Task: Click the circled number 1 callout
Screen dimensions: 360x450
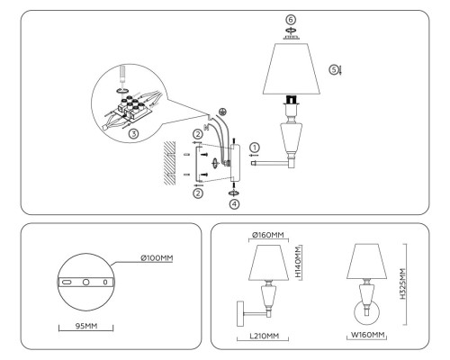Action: point(255,147)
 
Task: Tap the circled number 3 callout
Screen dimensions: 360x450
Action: point(132,133)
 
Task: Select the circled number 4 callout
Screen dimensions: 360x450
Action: point(233,204)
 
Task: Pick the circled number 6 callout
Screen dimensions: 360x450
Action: point(290,18)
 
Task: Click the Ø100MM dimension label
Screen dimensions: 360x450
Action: point(156,258)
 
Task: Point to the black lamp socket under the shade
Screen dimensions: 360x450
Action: point(290,99)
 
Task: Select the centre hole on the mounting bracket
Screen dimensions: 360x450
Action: point(85,282)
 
